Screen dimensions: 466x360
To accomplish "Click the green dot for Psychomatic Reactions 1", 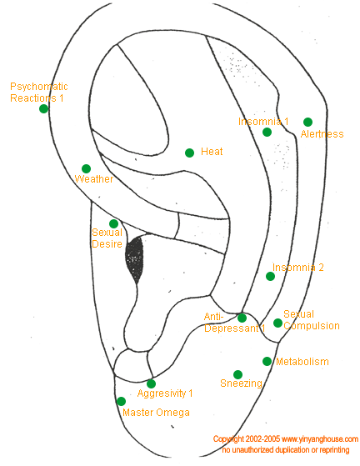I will [x=43, y=109].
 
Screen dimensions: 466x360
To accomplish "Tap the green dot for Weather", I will [x=86, y=168].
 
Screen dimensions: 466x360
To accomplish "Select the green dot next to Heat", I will [x=190, y=153].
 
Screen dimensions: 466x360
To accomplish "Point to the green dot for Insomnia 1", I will [x=267, y=132].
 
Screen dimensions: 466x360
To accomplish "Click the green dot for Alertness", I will [x=307, y=122].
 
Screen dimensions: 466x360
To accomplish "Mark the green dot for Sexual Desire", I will [x=113, y=223].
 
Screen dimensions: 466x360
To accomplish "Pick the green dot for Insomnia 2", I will [x=269, y=277].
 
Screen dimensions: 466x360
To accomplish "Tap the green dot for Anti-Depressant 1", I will [x=242, y=318].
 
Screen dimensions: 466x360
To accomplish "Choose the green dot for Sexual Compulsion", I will [x=277, y=323].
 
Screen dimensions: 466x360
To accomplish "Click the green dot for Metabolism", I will [x=267, y=361].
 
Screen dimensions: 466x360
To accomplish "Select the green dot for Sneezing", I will [x=237, y=374].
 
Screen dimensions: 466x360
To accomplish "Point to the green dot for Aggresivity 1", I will [x=151, y=383].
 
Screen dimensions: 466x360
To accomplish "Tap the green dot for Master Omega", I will [x=121, y=401].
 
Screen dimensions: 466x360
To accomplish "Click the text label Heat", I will [x=212, y=151].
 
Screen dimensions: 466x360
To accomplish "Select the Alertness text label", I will [x=322, y=134].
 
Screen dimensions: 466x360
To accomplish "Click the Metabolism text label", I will [x=302, y=362].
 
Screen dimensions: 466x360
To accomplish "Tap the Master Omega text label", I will [x=156, y=413].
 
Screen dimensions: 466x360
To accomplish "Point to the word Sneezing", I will [x=242, y=383].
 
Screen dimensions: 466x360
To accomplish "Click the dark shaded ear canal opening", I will [x=133, y=258].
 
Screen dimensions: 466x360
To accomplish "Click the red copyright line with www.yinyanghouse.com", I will [x=286, y=439].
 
